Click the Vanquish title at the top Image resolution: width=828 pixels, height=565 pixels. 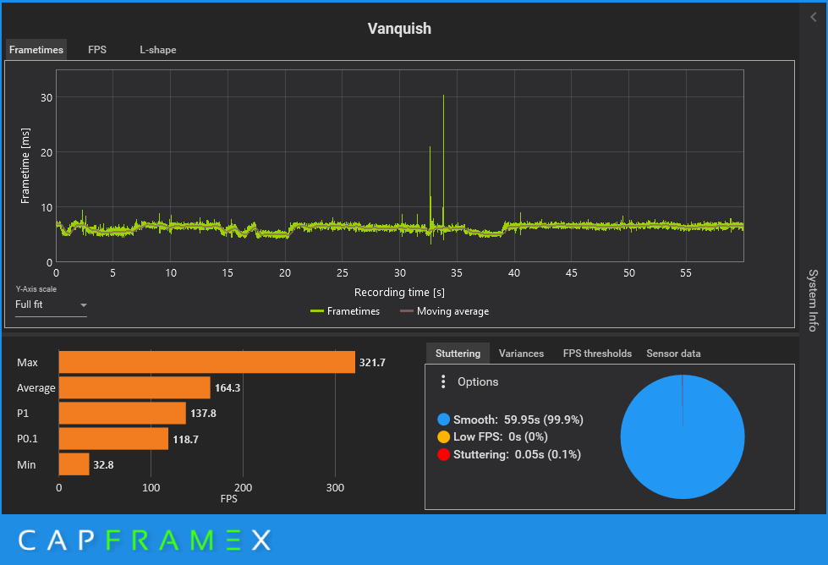point(399,29)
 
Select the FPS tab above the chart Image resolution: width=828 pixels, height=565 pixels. point(97,50)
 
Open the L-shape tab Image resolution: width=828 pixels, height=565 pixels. point(158,50)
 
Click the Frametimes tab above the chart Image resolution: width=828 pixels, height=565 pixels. point(36,50)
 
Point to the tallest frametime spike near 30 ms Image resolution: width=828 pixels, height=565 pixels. point(443,98)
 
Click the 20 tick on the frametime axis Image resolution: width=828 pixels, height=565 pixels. point(47,152)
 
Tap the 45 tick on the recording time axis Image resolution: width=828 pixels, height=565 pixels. point(572,273)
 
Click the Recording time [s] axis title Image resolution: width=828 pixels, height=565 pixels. point(399,293)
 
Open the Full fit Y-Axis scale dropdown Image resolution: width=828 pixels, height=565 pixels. point(51,304)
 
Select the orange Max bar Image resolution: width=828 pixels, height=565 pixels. point(206,362)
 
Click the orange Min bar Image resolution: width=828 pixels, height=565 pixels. point(74,464)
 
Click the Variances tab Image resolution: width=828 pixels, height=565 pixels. point(521,354)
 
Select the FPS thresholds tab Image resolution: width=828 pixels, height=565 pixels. point(597,354)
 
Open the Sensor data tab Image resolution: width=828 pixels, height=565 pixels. point(673,354)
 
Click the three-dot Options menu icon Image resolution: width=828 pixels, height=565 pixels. point(443,382)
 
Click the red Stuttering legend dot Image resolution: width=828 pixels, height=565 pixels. point(444,455)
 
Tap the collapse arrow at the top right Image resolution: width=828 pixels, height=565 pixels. point(814,18)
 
